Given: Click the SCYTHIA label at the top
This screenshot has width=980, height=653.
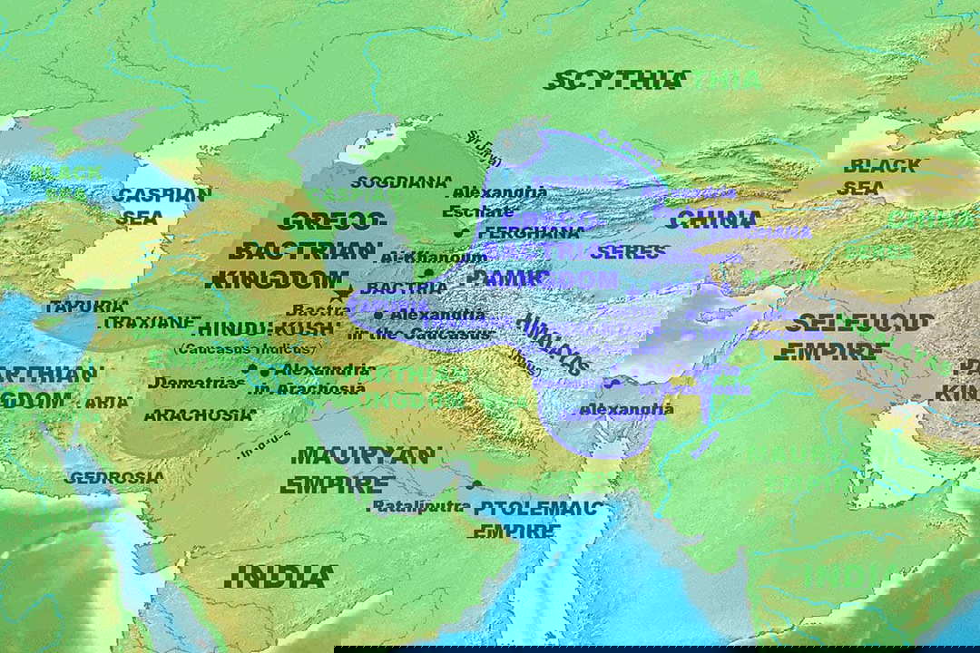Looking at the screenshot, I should (x=614, y=80).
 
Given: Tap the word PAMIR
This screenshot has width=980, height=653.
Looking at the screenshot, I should (x=507, y=278).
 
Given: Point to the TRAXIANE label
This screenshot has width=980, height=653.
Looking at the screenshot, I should (x=146, y=323).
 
